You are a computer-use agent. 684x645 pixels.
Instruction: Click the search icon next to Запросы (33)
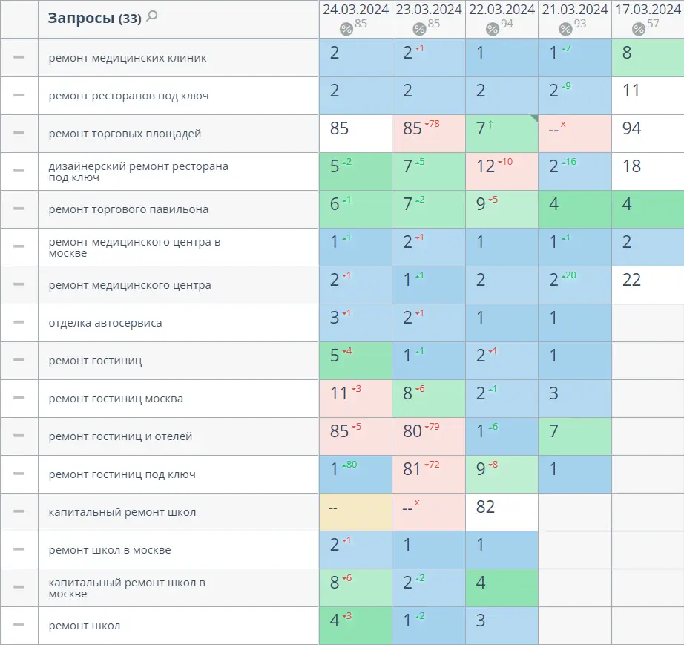[x=152, y=16]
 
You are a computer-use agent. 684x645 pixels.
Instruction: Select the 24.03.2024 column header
[x=355, y=10]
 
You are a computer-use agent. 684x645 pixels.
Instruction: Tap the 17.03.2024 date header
[x=648, y=10]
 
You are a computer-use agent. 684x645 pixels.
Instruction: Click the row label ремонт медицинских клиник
[x=128, y=58]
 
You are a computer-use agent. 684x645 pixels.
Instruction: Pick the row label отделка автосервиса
[x=105, y=323]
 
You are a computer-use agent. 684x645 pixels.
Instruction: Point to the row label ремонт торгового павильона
[x=128, y=209]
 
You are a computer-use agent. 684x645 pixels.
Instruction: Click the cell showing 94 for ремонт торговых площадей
[x=648, y=134]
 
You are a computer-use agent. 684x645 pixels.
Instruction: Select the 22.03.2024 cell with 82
[x=502, y=512]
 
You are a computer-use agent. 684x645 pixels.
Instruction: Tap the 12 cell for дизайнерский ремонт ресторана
[x=502, y=171]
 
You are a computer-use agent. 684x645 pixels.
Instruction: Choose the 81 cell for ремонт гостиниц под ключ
[x=428, y=474]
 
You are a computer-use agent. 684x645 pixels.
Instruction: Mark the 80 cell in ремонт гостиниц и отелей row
[x=428, y=436]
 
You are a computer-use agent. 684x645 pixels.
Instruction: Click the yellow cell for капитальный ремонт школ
[x=355, y=512]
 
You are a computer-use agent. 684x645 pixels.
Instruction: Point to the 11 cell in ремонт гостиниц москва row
[x=355, y=399]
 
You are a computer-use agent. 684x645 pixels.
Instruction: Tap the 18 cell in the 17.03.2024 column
[x=648, y=171]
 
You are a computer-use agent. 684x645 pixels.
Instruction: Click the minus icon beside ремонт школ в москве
[x=19, y=549]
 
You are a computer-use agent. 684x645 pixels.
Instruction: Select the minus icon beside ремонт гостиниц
[x=19, y=360]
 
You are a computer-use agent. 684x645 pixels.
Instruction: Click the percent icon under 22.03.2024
[x=493, y=29]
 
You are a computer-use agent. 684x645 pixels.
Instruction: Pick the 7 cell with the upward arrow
[x=502, y=134]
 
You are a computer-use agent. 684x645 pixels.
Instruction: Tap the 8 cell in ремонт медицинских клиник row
[x=648, y=58]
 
